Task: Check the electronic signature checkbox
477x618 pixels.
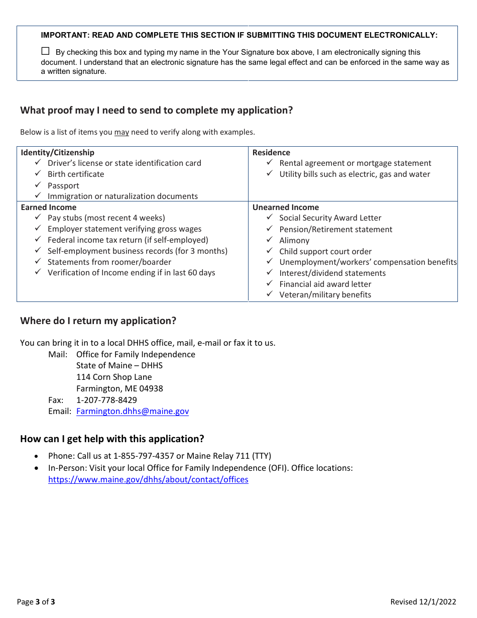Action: [x=46, y=51]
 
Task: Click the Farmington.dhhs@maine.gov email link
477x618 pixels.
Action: [x=133, y=411]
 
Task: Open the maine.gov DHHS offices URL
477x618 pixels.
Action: [x=148, y=479]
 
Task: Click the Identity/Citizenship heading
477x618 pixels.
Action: [x=57, y=152]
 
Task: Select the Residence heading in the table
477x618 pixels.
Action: [x=271, y=152]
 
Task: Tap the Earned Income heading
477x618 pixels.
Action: [x=49, y=207]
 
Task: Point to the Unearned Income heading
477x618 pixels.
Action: [x=286, y=207]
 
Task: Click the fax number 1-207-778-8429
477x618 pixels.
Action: [x=106, y=400]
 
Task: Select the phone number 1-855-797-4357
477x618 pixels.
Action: [x=144, y=456]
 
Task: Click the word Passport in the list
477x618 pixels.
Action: [x=63, y=185]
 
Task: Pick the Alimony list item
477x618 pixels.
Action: [x=294, y=240]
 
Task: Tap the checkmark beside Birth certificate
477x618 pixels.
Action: [x=38, y=174]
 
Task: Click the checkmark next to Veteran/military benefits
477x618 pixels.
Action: [x=270, y=294]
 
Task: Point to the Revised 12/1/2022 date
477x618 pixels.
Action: [x=423, y=601]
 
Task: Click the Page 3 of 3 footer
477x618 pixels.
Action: [x=36, y=601]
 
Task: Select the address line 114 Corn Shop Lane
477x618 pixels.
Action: [x=114, y=377]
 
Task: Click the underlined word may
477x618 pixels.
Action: [x=122, y=132]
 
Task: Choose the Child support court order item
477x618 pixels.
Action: [x=325, y=251]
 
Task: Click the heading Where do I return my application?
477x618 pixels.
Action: [x=98, y=321]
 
